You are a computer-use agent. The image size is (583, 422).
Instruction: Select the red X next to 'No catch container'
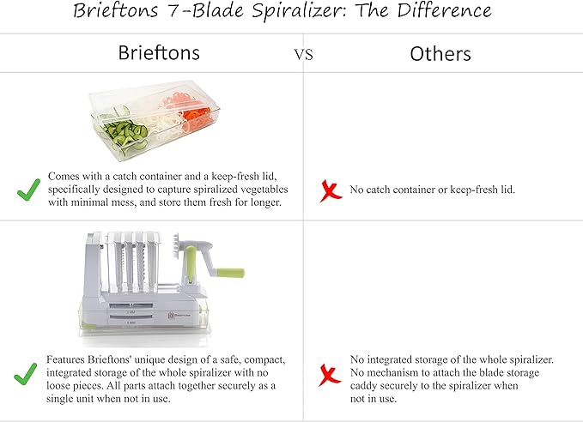click(330, 190)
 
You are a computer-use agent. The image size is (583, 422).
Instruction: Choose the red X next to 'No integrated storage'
click(330, 375)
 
